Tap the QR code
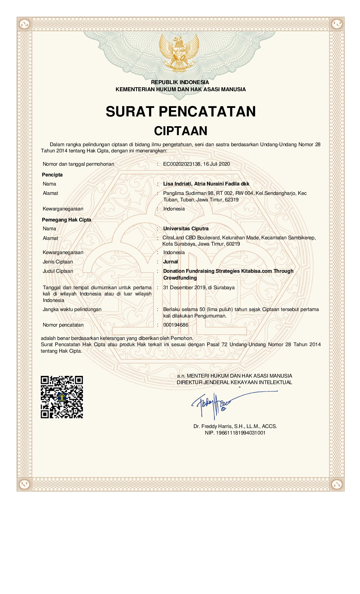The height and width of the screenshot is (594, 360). tap(62, 397)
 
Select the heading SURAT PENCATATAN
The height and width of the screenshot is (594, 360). tap(181, 111)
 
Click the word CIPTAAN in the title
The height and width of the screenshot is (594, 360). tap(181, 131)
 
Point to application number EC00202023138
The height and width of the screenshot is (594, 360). tap(182, 164)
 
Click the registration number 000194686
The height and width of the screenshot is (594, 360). tap(175, 325)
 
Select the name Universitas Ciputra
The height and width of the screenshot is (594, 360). tap(186, 229)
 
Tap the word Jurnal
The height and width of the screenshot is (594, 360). tap(170, 262)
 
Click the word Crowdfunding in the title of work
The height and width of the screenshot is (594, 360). tap(180, 278)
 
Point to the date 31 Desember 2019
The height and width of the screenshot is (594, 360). tap(184, 288)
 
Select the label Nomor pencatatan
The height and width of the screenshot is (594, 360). tap(63, 325)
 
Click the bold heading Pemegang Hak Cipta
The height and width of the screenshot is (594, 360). tap(67, 220)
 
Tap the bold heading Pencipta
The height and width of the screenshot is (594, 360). tap(52, 175)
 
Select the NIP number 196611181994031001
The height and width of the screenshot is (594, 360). tap(241, 433)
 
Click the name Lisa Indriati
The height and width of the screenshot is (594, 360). tap(177, 184)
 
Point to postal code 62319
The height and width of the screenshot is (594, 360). tap(232, 200)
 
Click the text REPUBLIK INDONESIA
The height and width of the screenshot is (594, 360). tap(180, 82)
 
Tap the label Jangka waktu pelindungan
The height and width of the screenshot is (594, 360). tap(72, 309)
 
